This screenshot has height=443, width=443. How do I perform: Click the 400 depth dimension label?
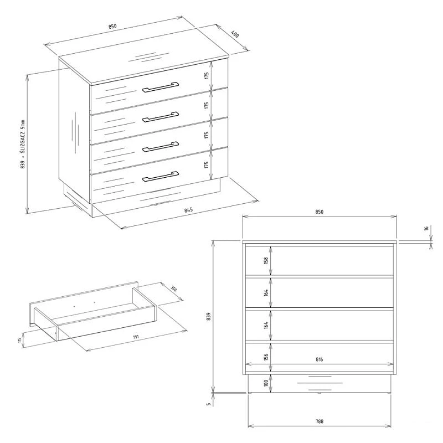[235, 34]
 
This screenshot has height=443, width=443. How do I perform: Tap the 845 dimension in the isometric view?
[188, 210]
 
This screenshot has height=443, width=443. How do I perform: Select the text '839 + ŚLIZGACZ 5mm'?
[23, 145]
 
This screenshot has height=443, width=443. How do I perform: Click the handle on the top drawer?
[161, 87]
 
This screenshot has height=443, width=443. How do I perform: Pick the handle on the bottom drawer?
[161, 177]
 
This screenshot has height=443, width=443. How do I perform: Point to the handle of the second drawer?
[161, 117]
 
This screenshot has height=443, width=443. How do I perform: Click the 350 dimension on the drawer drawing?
[173, 289]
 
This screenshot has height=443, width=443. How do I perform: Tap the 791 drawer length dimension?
[136, 337]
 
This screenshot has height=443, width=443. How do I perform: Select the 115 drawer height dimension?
[19, 340]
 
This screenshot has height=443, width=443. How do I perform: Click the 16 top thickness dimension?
[426, 228]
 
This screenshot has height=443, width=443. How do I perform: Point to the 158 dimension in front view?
[266, 260]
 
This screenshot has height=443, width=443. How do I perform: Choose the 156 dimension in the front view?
[266, 357]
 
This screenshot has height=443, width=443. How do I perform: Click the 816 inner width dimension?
[320, 359]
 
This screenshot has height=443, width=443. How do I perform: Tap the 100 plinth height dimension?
[266, 383]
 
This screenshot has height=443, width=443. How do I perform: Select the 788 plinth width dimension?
[320, 421]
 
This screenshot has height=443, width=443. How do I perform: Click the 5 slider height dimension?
[209, 404]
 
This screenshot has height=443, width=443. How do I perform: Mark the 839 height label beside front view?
[209, 316]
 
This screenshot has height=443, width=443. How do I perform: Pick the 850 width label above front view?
[320, 212]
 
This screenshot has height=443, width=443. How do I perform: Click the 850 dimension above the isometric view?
[112, 26]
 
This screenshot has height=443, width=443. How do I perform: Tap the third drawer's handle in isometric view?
[161, 147]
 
